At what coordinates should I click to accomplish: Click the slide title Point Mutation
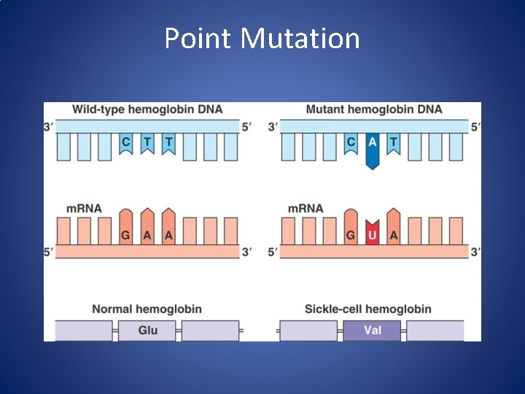click(262, 38)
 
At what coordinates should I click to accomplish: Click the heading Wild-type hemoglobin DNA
click(147, 109)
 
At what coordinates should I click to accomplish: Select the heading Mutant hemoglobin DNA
click(374, 109)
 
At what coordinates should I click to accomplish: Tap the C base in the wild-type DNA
click(126, 142)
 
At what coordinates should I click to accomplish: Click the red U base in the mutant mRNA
click(372, 234)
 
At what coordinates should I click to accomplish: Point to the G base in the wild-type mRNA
click(126, 234)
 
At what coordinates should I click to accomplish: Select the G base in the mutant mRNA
click(351, 234)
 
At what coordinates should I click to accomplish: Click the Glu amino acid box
click(147, 331)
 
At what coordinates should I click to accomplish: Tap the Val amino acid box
click(372, 331)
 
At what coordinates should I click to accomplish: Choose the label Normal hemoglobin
click(147, 309)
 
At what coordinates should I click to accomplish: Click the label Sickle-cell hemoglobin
click(367, 309)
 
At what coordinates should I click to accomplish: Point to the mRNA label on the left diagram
click(84, 209)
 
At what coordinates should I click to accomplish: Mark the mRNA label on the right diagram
click(306, 209)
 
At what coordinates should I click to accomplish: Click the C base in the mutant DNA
click(351, 142)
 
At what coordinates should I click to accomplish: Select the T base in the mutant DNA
click(394, 142)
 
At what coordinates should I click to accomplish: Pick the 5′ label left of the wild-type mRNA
click(49, 252)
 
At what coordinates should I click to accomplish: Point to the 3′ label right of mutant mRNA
click(476, 252)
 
